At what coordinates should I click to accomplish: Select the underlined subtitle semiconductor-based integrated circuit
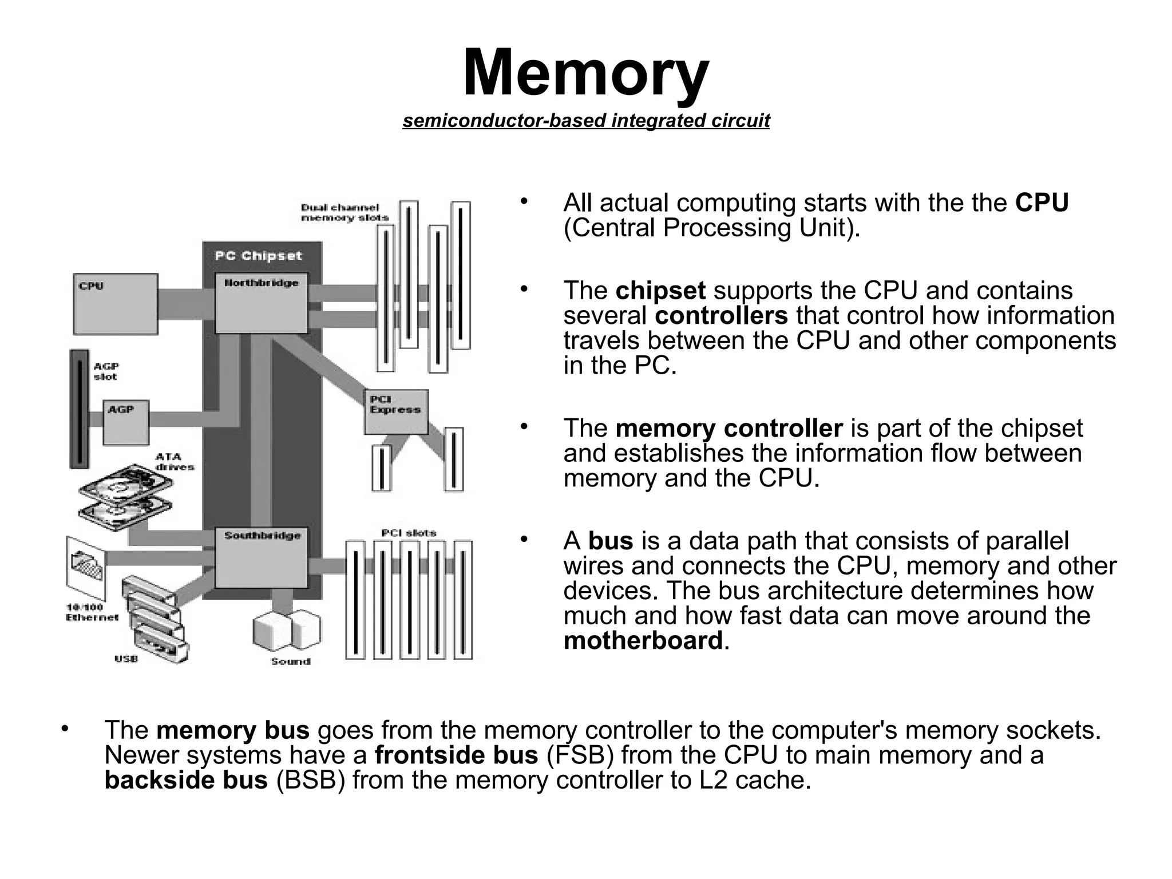pyautogui.click(x=585, y=121)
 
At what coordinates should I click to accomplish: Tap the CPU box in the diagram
pyautogui.click(x=116, y=304)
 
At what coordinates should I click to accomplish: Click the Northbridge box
pyautogui.click(x=261, y=303)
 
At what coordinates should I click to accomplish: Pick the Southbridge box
pyautogui.click(x=261, y=558)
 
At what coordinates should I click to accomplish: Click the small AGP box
pyautogui.click(x=126, y=422)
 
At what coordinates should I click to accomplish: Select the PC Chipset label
pyautogui.click(x=258, y=256)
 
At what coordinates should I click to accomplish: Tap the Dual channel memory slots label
pyautogui.click(x=344, y=212)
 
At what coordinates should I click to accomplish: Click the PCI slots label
pyautogui.click(x=409, y=533)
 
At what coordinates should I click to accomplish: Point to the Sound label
pyautogui.click(x=290, y=662)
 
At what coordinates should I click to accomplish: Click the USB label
pyautogui.click(x=126, y=659)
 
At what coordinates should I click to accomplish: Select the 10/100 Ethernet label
pyautogui.click(x=92, y=612)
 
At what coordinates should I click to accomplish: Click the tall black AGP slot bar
pyautogui.click(x=79, y=409)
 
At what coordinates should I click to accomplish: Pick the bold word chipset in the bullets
pyautogui.click(x=660, y=291)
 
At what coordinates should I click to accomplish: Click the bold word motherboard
pyautogui.click(x=643, y=640)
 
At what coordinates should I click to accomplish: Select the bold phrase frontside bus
pyautogui.click(x=456, y=755)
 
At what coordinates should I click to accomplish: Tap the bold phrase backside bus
pyautogui.click(x=186, y=780)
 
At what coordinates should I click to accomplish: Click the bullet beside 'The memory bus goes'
pyautogui.click(x=65, y=729)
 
